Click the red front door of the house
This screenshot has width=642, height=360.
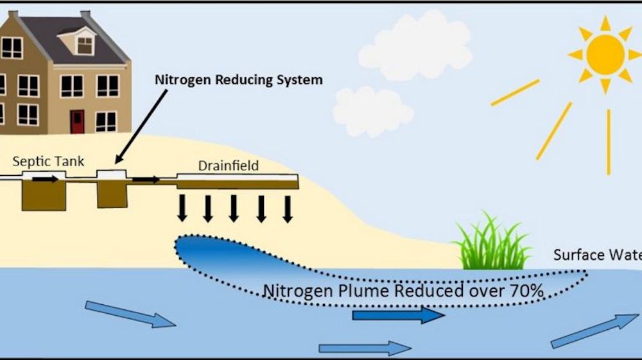(x=77, y=121)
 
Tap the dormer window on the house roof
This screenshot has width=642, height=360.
(x=85, y=44)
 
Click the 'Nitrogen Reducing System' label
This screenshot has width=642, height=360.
(x=238, y=80)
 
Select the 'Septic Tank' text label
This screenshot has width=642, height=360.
(x=48, y=161)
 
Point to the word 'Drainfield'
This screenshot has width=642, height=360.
(x=228, y=166)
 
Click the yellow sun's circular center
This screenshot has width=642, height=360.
(x=605, y=53)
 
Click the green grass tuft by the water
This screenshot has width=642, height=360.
(x=492, y=246)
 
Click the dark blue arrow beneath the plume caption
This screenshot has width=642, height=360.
(x=398, y=314)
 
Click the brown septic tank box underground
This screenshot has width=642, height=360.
(x=44, y=196)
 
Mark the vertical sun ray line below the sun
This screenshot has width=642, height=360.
(x=608, y=141)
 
